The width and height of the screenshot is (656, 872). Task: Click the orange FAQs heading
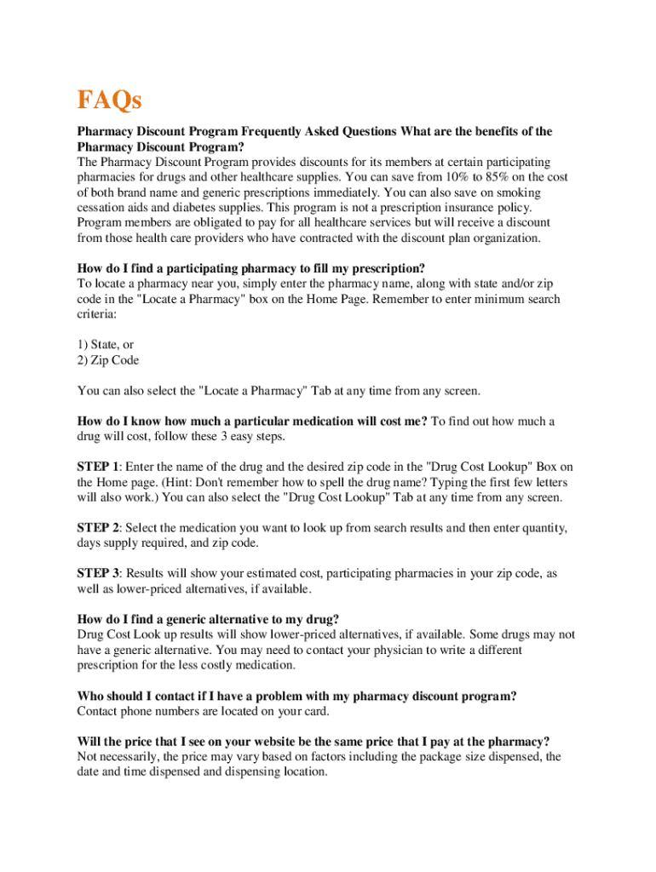pyautogui.click(x=109, y=101)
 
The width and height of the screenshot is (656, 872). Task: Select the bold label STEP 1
pyautogui.click(x=98, y=467)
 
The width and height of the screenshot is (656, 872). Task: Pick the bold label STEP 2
pyautogui.click(x=98, y=529)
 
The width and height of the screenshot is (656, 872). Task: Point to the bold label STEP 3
pyautogui.click(x=98, y=574)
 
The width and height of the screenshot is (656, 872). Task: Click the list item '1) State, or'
pyautogui.click(x=106, y=345)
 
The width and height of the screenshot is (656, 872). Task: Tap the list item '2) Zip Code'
pyautogui.click(x=107, y=360)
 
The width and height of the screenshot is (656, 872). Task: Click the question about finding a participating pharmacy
pyautogui.click(x=251, y=269)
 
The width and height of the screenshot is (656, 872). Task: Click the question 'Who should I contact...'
pyautogui.click(x=296, y=697)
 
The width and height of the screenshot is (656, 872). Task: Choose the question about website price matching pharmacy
pyautogui.click(x=314, y=741)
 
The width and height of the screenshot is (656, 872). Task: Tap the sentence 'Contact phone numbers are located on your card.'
pyautogui.click(x=203, y=712)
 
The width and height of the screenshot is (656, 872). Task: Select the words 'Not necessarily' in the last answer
pyautogui.click(x=116, y=757)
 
